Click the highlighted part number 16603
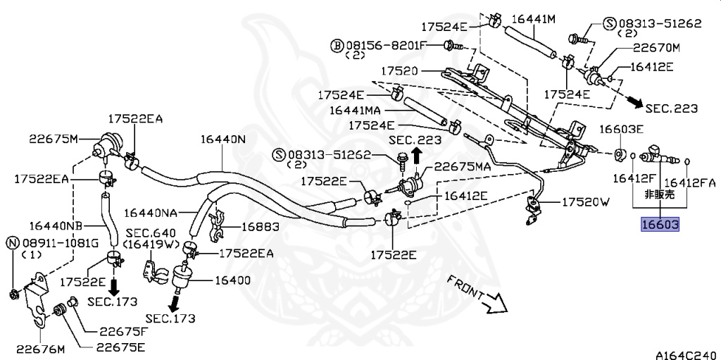pos(660,225)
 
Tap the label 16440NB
pos(56,225)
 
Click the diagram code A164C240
pos(688,355)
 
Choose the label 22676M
pos(40,349)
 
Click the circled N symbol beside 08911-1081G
pos(13,242)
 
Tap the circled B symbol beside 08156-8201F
pos(337,45)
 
